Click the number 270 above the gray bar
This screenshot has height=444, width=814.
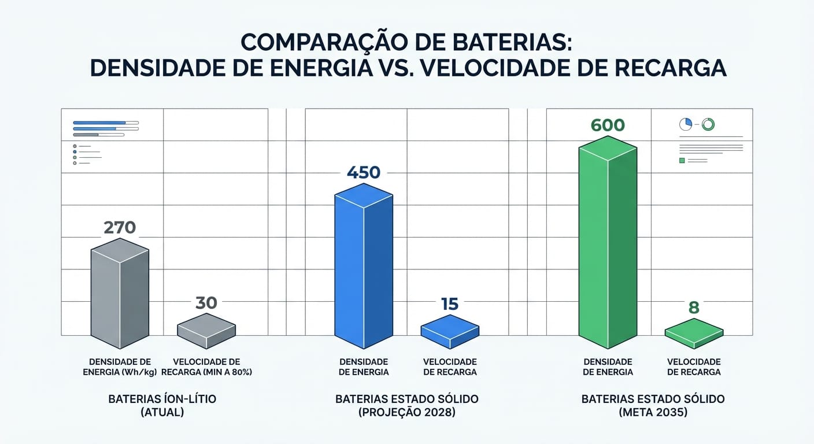[120, 227]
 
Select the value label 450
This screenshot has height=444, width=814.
[364, 172]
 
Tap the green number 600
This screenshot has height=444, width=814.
[608, 125]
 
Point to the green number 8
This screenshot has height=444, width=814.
[694, 308]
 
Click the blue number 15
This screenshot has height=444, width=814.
[450, 304]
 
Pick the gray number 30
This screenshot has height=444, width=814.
[206, 302]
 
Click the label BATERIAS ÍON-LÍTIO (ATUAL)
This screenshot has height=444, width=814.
[146, 406]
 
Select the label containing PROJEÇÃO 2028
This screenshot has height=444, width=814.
[406, 406]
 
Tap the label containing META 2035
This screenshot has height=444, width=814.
[653, 406]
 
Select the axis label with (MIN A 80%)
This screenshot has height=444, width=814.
[206, 367]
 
